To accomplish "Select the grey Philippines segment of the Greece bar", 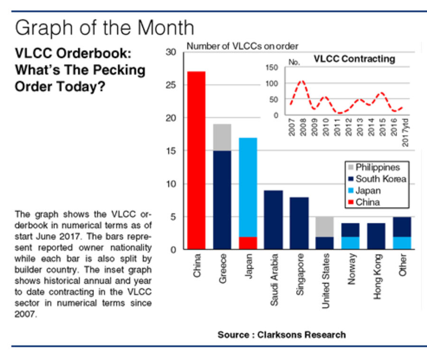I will (x=223, y=137).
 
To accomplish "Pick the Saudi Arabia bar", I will (x=273, y=220).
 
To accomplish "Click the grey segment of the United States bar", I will (x=325, y=227).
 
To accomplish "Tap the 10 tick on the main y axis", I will (x=172, y=184).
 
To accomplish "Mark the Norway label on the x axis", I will (x=351, y=274).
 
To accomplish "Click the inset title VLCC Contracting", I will (x=354, y=59).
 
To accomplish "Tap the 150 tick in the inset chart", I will (x=271, y=68).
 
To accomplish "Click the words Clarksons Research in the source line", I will (x=302, y=334).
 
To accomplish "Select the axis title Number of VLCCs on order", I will (x=242, y=46).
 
